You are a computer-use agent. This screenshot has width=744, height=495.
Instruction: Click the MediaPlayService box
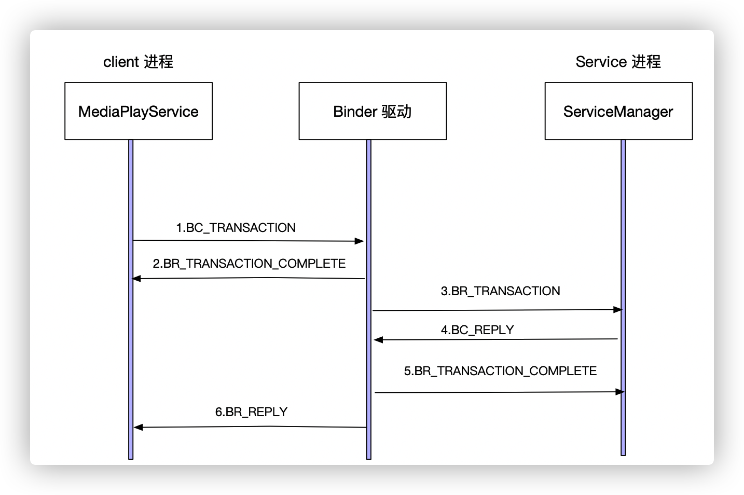tap(138, 111)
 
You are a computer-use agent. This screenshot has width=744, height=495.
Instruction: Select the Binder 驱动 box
tap(373, 111)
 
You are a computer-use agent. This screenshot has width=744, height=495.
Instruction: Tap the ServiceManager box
tap(618, 111)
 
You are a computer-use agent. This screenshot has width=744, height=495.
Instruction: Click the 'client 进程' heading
tap(138, 62)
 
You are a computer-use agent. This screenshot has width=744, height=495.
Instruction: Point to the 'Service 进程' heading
tap(618, 62)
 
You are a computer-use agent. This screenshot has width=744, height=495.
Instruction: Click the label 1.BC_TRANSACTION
tap(236, 228)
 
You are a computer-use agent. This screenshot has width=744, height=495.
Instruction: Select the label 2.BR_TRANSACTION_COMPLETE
tap(249, 264)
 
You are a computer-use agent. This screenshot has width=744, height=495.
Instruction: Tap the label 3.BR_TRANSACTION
tap(500, 291)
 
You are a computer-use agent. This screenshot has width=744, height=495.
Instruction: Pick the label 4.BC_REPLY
tap(477, 330)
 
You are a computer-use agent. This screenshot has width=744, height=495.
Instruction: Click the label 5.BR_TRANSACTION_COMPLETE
tap(500, 371)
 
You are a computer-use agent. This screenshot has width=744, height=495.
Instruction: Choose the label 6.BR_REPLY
tap(251, 412)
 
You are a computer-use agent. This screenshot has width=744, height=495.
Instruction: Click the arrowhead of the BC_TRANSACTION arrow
tap(360, 241)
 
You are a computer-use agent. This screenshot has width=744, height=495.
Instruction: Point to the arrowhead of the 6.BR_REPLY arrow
tap(138, 427)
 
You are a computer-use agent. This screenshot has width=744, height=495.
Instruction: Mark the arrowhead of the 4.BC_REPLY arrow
tap(378, 340)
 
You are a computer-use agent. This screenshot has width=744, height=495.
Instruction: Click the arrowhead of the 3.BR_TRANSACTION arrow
tap(617, 310)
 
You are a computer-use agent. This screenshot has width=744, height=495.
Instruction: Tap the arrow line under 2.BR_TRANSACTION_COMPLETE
tap(249, 279)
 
